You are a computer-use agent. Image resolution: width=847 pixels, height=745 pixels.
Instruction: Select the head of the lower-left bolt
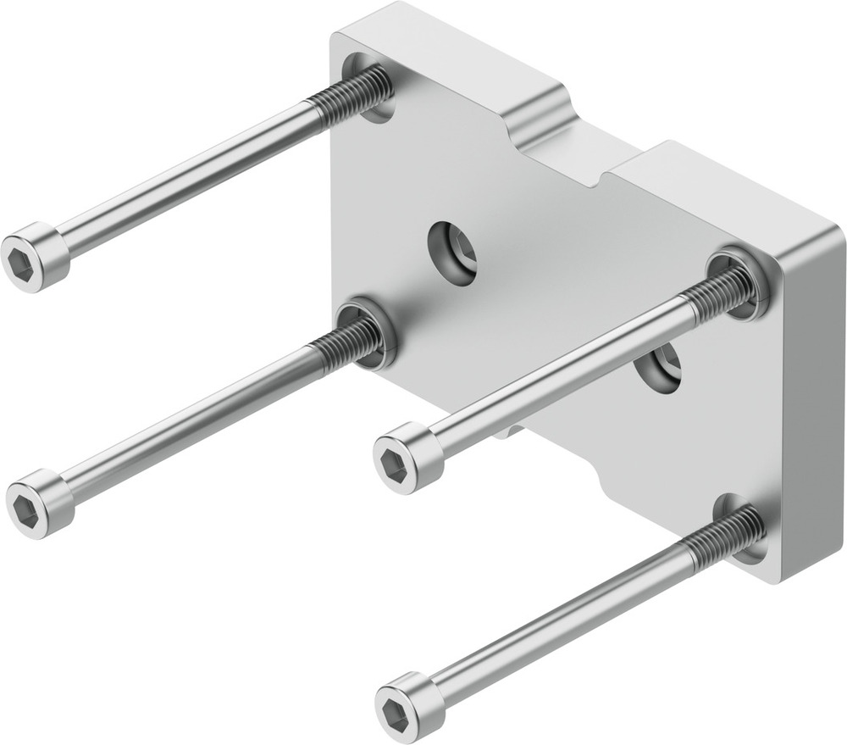[39, 503]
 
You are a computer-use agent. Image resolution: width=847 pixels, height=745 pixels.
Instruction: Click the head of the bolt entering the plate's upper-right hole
[407, 458]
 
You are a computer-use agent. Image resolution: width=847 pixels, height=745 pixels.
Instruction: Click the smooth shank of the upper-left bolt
[186, 179]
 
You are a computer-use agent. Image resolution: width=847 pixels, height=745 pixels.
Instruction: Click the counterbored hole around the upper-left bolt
[373, 89]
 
